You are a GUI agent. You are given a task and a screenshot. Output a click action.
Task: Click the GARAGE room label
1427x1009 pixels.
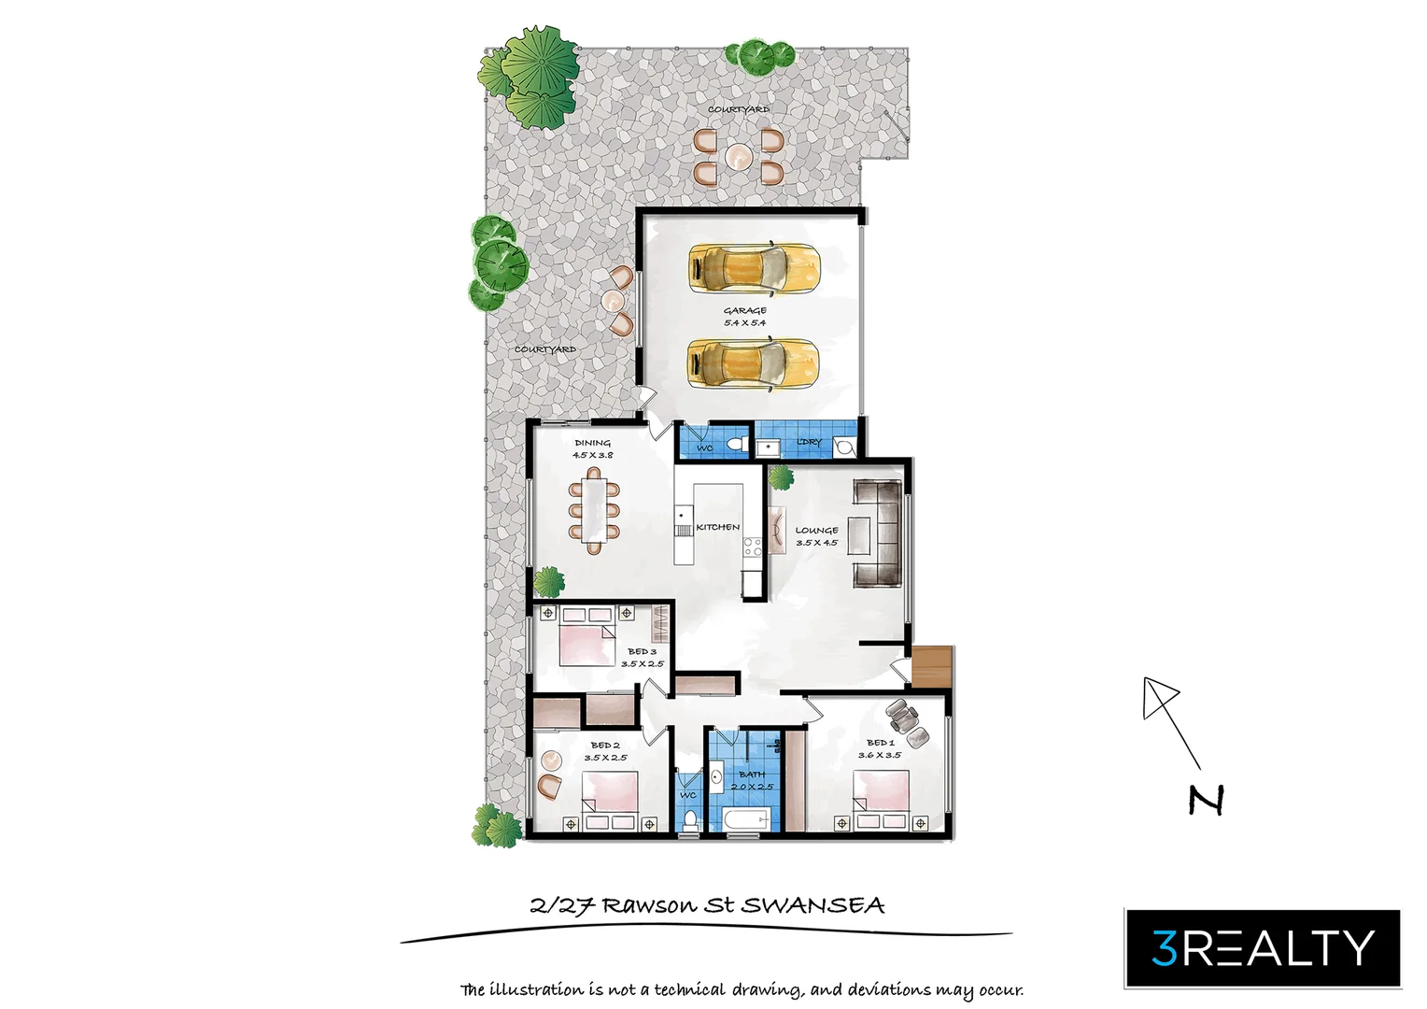click(x=744, y=311)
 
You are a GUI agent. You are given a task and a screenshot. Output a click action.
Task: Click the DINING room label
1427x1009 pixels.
click(x=592, y=443)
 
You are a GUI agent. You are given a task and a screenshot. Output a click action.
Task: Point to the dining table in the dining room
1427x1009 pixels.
click(x=594, y=509)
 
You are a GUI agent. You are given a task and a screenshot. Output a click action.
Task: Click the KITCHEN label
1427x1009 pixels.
click(x=718, y=527)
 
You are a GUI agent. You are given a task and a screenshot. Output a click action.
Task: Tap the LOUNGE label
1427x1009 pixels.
click(x=816, y=531)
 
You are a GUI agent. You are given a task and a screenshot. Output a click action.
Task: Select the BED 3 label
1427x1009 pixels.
click(x=642, y=651)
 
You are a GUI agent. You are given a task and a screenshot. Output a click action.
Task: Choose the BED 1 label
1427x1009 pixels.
click(x=880, y=743)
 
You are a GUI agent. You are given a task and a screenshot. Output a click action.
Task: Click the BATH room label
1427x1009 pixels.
click(x=752, y=775)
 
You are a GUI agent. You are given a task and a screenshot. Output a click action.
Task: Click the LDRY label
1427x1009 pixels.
click(x=809, y=442)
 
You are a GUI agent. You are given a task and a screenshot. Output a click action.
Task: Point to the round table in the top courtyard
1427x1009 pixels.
click(x=738, y=155)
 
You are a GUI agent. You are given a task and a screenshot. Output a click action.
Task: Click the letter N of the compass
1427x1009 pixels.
click(x=1206, y=800)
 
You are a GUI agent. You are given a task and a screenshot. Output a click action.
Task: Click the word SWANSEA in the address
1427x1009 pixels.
click(x=812, y=904)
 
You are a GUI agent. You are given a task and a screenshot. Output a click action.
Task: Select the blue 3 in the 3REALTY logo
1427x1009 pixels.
click(x=1164, y=948)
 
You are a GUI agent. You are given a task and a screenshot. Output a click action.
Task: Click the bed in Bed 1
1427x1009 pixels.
click(x=883, y=800)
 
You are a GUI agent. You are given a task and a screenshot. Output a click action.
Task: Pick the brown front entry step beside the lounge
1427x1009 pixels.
click(x=931, y=666)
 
